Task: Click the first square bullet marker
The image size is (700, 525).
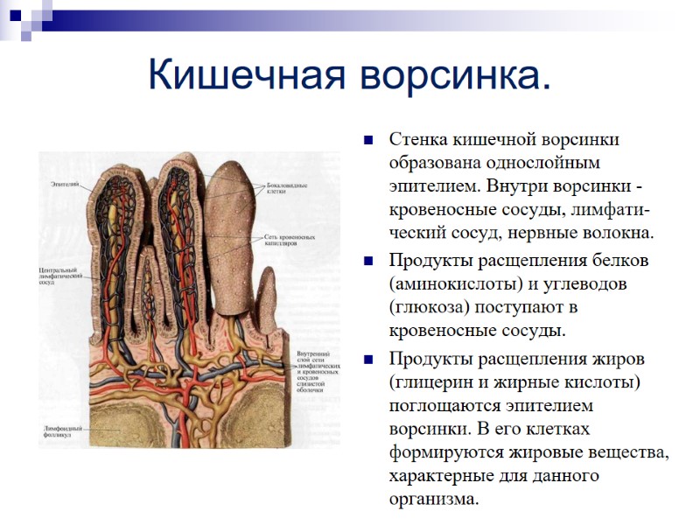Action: pyautogui.click(x=368, y=139)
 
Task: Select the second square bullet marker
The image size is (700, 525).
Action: pyautogui.click(x=368, y=261)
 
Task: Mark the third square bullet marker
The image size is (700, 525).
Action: pyautogui.click(x=368, y=359)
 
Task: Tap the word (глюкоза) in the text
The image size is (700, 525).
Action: pyautogui.click(x=426, y=307)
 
